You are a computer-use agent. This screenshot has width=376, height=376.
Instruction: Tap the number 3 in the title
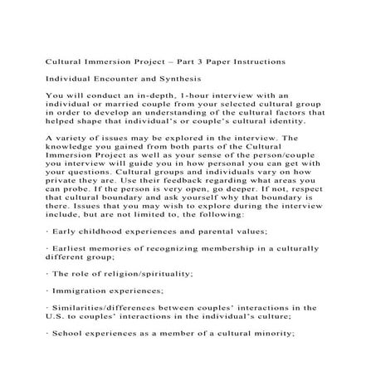[207, 63]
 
